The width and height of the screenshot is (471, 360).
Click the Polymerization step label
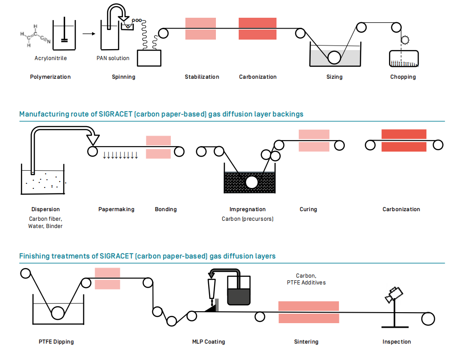[x=50, y=77]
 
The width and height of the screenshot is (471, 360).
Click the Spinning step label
[x=123, y=77]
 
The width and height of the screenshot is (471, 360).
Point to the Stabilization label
[x=202, y=77]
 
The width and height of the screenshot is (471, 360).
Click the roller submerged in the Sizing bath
[x=334, y=57]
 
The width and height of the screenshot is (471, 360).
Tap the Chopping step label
[x=403, y=77]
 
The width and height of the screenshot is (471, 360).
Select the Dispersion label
[x=46, y=209]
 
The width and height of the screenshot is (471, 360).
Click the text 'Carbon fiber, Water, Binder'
[x=46, y=222]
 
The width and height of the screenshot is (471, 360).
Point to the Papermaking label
[x=116, y=209]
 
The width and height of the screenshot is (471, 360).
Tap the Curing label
[x=308, y=209]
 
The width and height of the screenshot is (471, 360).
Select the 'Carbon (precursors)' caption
[x=247, y=219]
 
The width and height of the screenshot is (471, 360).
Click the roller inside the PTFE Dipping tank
[x=57, y=313]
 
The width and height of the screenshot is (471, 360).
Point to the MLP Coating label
[x=209, y=342]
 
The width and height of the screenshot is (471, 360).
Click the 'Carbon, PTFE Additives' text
[x=306, y=279]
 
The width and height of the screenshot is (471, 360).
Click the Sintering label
[x=306, y=342]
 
